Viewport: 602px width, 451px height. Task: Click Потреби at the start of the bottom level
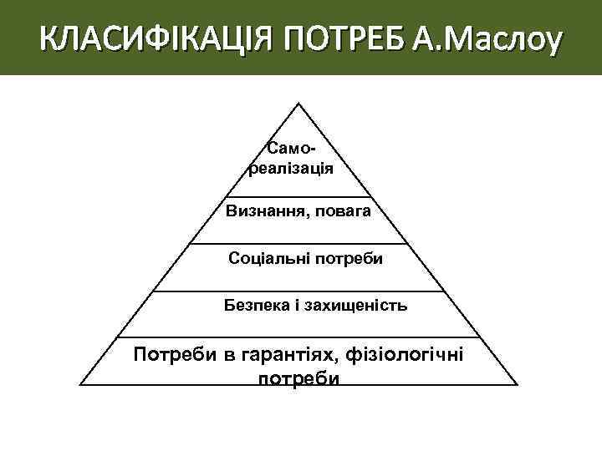pos(174,357)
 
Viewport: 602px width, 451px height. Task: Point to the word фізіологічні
pos(406,357)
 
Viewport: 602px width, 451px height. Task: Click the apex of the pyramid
pos(298,104)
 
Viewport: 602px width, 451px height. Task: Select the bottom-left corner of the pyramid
pos(80,385)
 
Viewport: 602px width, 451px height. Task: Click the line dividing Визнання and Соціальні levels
pos(298,244)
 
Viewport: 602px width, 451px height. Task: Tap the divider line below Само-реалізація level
pos(298,197)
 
